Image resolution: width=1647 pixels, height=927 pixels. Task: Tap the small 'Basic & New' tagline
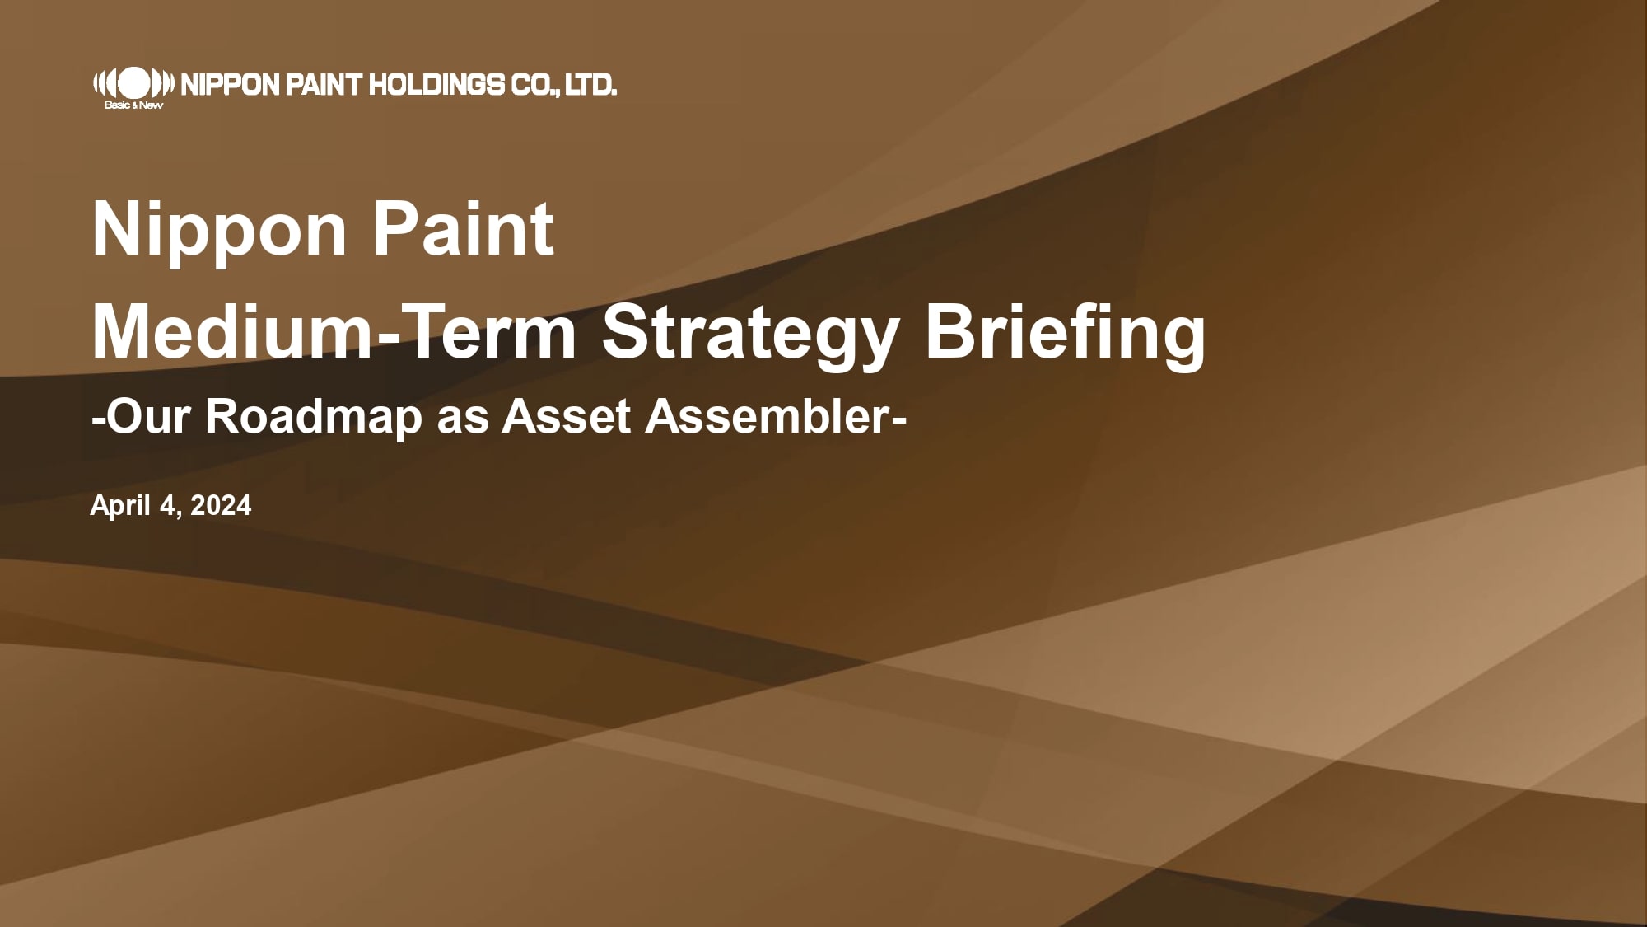click(128, 105)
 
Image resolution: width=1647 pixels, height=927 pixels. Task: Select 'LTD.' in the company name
click(590, 84)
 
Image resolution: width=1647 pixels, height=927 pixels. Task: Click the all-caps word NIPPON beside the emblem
click(229, 84)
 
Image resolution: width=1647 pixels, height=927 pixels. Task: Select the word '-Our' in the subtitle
click(143, 416)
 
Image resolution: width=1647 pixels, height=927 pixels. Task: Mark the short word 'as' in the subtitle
click(464, 420)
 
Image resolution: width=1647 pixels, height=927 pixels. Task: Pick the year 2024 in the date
click(221, 505)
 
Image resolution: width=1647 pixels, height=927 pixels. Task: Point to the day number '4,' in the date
click(171, 506)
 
